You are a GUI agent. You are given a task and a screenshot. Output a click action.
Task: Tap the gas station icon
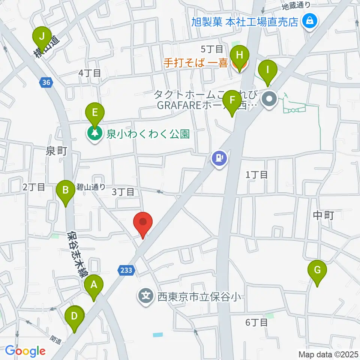(219, 158)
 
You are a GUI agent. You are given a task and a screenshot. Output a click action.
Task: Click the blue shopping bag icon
(310, 21)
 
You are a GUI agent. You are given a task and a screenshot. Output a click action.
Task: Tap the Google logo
(25, 351)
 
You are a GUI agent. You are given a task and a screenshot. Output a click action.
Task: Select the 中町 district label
(323, 215)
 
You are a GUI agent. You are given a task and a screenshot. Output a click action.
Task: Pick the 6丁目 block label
(256, 322)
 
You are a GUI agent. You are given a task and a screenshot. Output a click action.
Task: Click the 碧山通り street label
(90, 186)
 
